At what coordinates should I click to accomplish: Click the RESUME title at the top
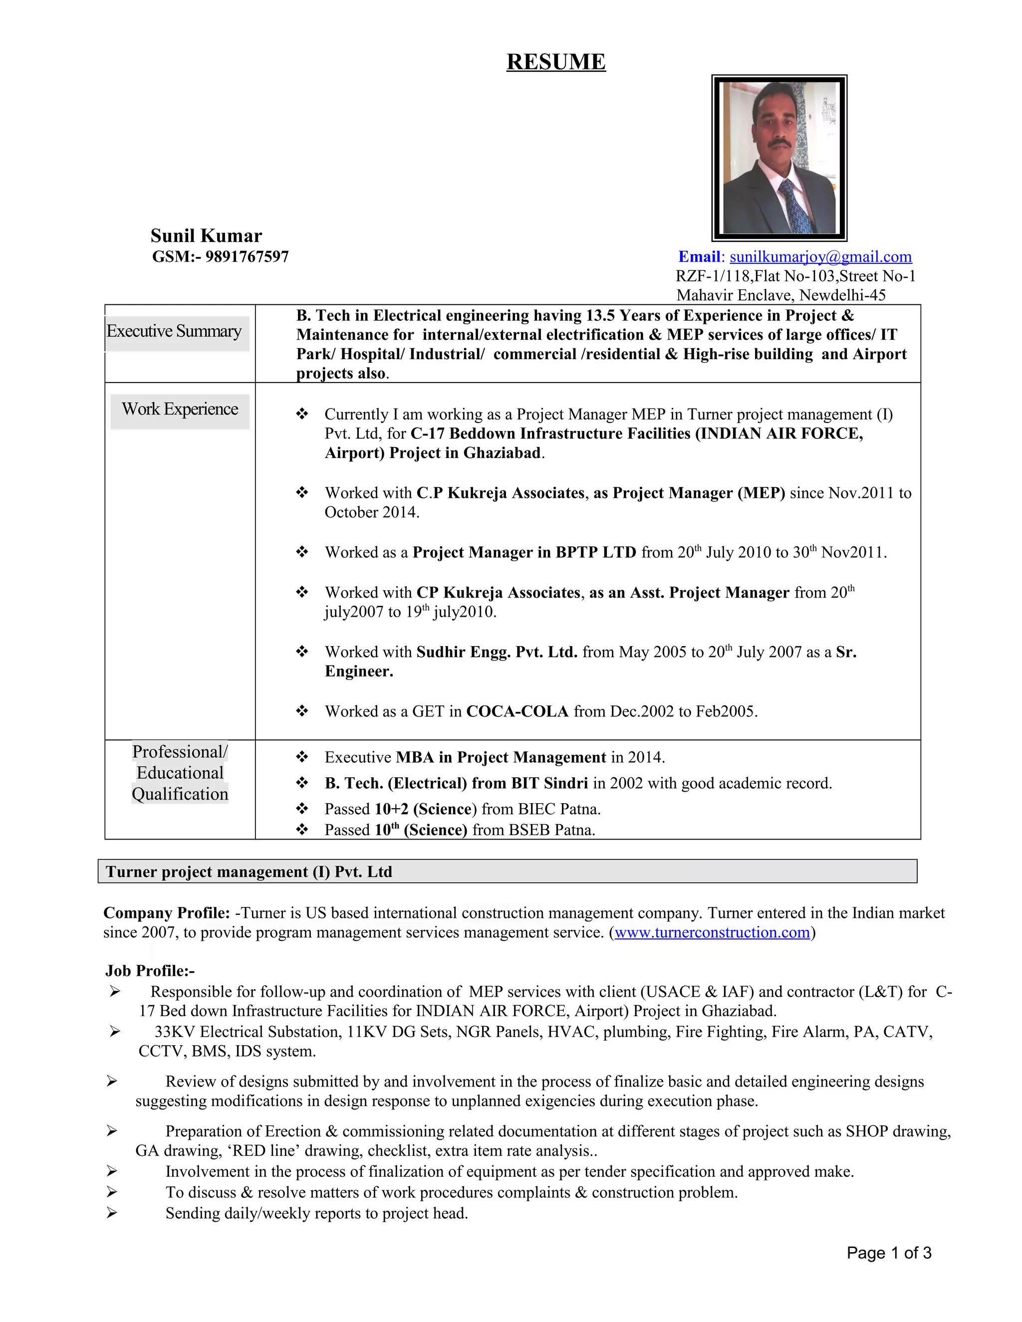tap(556, 62)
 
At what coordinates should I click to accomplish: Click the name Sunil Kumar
tap(206, 235)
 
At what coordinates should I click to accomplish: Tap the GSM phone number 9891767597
tap(247, 256)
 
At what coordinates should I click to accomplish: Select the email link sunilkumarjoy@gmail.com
tap(820, 256)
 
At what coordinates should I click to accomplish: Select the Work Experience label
tap(180, 409)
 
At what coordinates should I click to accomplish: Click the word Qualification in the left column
tap(180, 794)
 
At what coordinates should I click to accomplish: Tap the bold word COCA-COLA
tap(517, 711)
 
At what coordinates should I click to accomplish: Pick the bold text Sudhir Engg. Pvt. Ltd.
tap(497, 652)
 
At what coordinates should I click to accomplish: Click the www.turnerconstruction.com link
tap(712, 932)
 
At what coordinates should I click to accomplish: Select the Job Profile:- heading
tap(150, 971)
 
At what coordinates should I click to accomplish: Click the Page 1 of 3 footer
tap(888, 1253)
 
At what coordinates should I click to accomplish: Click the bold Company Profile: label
tap(167, 913)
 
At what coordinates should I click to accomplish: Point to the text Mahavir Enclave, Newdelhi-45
tap(780, 295)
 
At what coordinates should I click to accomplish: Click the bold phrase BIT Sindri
tap(549, 783)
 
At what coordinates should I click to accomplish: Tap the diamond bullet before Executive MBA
tap(301, 757)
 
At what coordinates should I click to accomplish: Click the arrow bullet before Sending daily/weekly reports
tap(111, 1213)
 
